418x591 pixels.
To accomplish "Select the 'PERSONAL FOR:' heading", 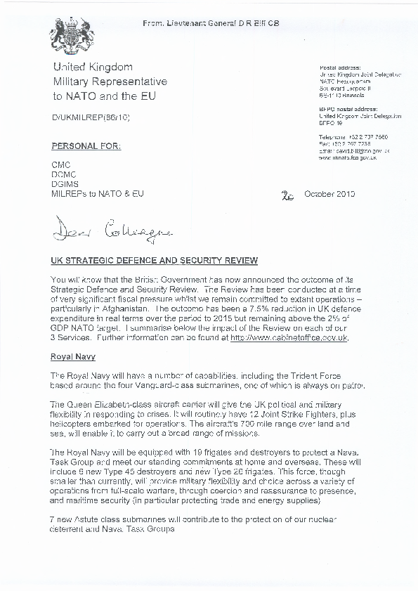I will (x=86, y=146).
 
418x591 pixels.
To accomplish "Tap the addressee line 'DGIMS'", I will (x=65, y=184).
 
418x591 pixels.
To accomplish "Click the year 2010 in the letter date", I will (x=346, y=194).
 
